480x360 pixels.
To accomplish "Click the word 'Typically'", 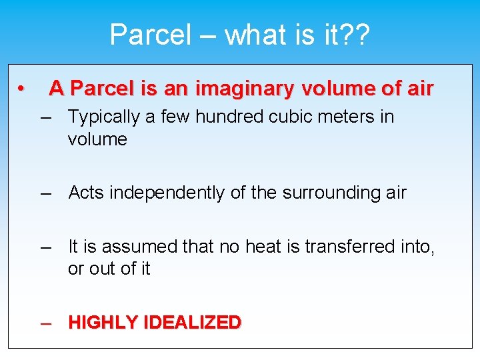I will click(x=104, y=117).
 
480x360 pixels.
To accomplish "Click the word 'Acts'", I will click(x=87, y=193).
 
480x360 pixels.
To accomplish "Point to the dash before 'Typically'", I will click(x=46, y=117).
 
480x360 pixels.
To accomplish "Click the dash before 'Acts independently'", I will click(x=46, y=193).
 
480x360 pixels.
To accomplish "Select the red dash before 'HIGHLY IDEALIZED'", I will click(x=46, y=323).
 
